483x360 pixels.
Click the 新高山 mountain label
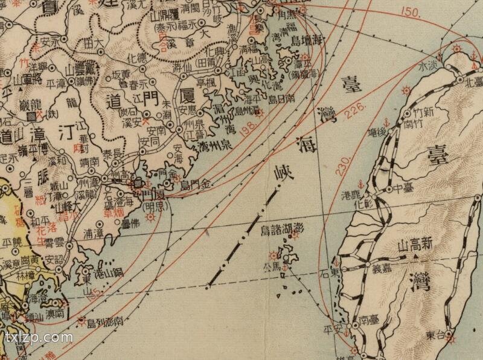point(416,246)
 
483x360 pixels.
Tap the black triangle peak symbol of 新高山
point(416,257)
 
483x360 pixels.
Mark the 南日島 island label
point(281,97)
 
